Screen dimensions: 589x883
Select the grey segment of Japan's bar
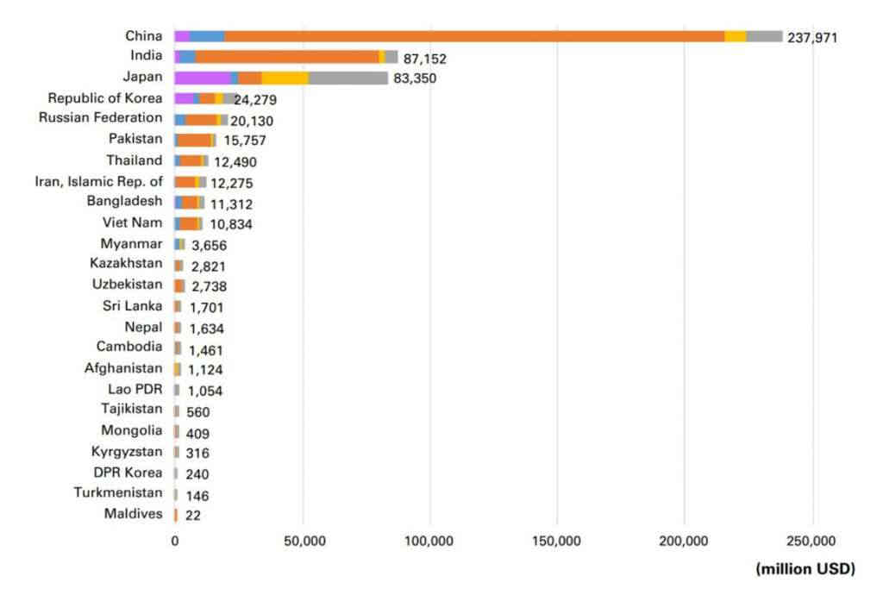348,78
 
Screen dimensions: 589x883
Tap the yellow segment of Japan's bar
285,78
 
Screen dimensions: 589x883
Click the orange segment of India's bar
287,57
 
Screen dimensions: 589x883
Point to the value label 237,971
812,38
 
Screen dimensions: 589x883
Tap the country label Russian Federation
100,118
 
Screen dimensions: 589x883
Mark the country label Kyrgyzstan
127,452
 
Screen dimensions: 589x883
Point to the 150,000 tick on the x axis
557,542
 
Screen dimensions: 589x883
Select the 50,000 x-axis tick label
303,542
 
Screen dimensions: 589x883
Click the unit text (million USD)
805,568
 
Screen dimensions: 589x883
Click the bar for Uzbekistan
179,285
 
